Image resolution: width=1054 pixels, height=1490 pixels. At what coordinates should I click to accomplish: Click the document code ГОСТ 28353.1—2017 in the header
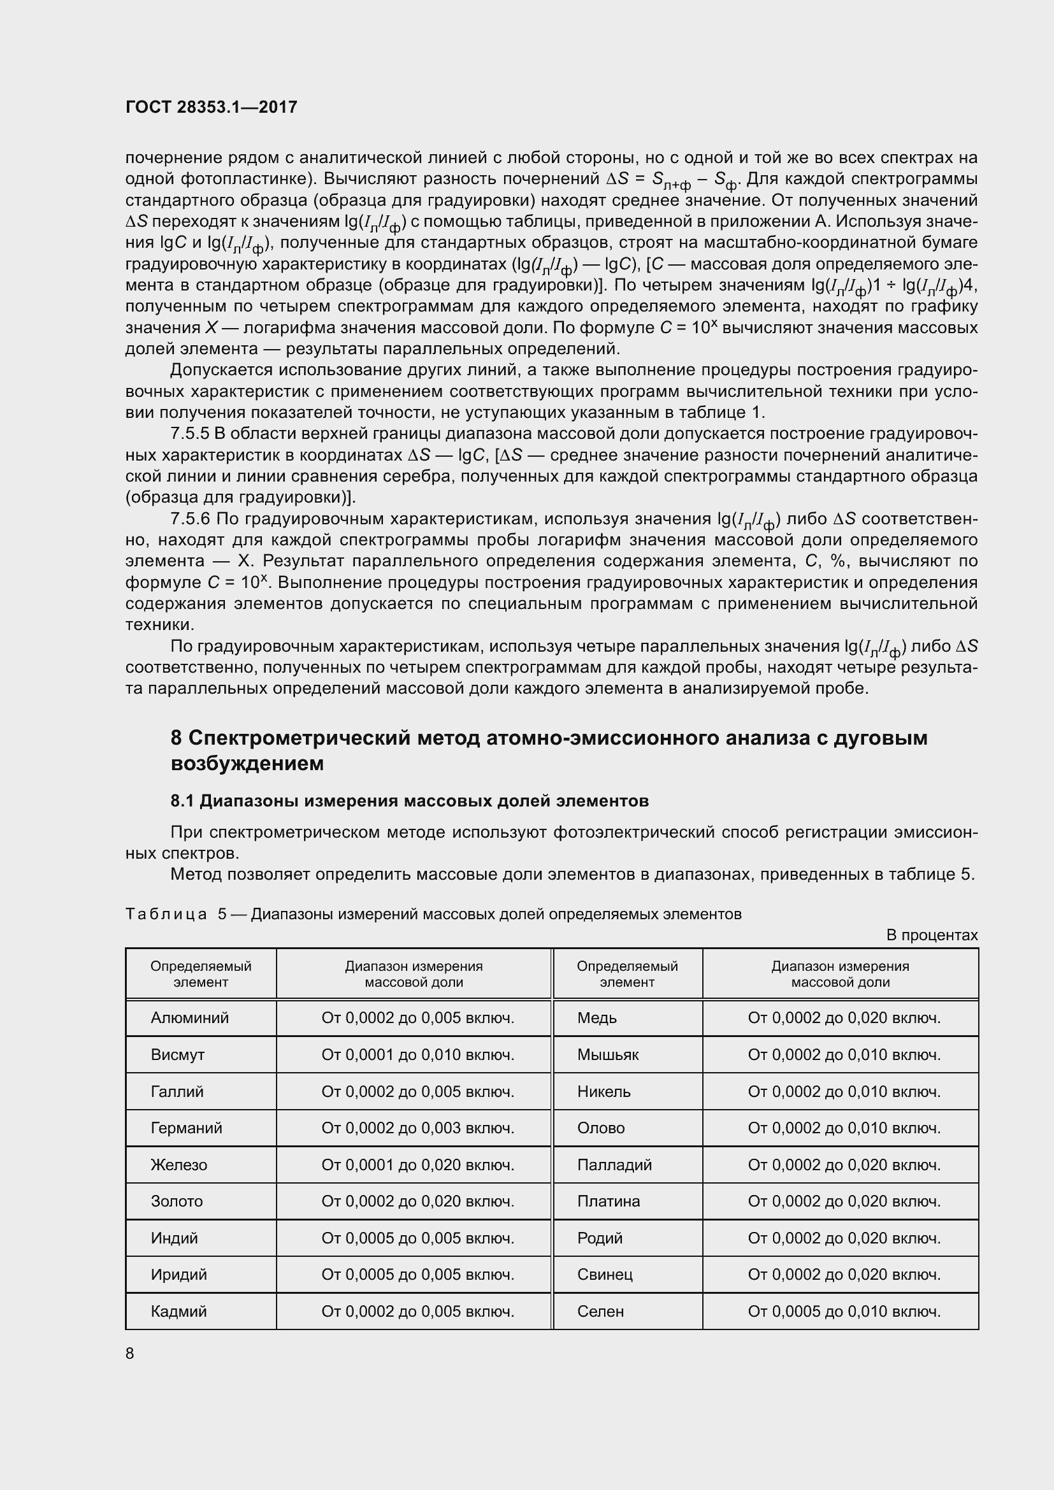[211, 107]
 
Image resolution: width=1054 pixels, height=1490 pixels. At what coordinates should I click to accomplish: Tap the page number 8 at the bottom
[130, 1353]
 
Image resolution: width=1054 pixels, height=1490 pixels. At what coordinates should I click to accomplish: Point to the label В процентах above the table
[932, 935]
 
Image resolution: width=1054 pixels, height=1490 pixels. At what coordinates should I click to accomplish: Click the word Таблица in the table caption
[166, 914]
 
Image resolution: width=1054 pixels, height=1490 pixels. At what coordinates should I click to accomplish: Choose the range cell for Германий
[417, 1128]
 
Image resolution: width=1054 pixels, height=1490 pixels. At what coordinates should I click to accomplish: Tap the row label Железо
[178, 1165]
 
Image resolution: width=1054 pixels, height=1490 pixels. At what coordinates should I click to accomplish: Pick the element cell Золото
[177, 1201]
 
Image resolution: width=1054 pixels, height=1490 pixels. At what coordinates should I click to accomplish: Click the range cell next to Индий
[417, 1238]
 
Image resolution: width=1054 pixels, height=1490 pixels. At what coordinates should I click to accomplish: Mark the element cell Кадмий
[178, 1312]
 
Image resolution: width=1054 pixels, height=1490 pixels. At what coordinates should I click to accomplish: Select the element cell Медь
[596, 1017]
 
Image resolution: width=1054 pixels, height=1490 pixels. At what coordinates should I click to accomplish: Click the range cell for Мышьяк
[844, 1054]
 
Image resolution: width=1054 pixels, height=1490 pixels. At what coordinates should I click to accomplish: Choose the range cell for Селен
[844, 1312]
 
